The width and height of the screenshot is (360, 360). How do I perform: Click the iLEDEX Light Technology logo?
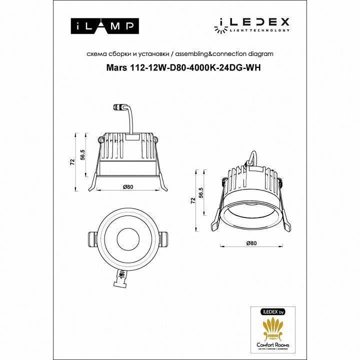(x=254, y=23)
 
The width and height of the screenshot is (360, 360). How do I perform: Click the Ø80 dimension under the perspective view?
(x=251, y=243)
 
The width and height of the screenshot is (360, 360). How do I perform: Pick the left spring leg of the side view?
(x=93, y=181)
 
